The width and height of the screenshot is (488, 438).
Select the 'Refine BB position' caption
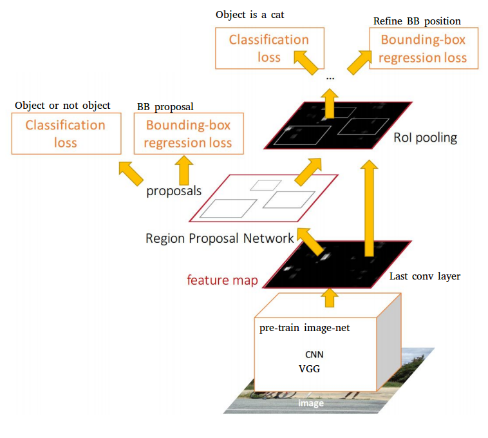pyautogui.click(x=417, y=21)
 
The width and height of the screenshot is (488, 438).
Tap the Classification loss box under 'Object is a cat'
pyautogui.click(x=269, y=48)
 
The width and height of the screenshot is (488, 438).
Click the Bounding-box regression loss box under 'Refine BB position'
pyautogui.click(x=423, y=48)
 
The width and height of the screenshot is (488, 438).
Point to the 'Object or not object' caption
pyautogui.click(x=62, y=105)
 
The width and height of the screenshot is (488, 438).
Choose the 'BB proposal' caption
pyautogui.click(x=165, y=106)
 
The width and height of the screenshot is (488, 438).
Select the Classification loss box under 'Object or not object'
pyautogui.click(x=66, y=133)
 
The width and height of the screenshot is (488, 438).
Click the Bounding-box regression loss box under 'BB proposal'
pyautogui.click(x=188, y=133)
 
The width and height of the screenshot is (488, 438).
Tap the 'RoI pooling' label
pyautogui.click(x=425, y=138)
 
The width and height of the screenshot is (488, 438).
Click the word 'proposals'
pyautogui.click(x=174, y=191)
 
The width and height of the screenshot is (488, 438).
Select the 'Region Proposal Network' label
pyautogui.click(x=220, y=238)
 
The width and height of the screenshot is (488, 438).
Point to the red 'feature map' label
pyautogui.click(x=222, y=280)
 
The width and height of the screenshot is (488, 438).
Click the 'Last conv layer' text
pyautogui.click(x=425, y=277)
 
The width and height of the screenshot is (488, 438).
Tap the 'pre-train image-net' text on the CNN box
pyautogui.click(x=305, y=328)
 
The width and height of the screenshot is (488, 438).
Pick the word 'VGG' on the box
pyautogui.click(x=309, y=369)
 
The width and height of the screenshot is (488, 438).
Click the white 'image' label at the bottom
pyautogui.click(x=310, y=403)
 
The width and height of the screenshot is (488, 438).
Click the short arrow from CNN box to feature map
pyautogui.click(x=330, y=296)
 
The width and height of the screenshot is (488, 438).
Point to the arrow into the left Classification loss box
pyautogui.click(x=131, y=173)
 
